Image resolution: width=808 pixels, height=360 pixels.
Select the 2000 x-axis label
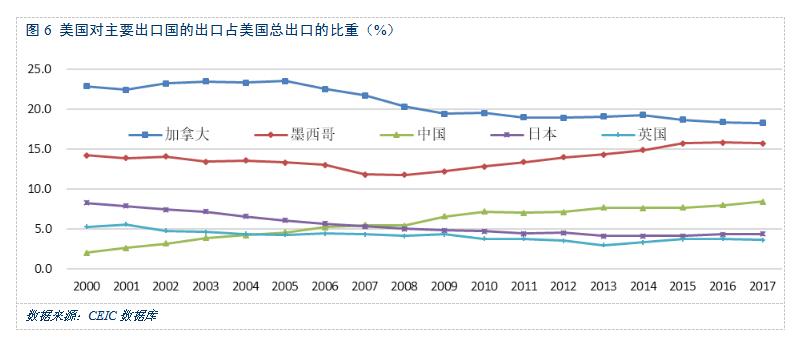[88, 287]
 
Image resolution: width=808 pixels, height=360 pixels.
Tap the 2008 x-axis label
[404, 287]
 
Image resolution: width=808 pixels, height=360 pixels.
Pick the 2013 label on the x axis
[602, 287]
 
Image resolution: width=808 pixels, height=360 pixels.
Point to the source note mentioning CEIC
[92, 315]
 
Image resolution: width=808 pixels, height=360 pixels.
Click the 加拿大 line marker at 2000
[88, 86]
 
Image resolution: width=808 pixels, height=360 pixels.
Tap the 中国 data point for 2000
[88, 253]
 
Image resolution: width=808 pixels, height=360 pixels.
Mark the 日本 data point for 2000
[88, 203]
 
